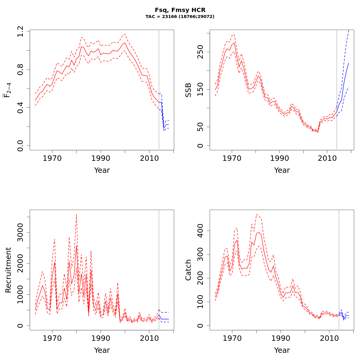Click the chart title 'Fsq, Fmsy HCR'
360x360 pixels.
(180, 10)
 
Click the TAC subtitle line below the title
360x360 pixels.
(180, 17)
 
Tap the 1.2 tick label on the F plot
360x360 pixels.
(20, 31)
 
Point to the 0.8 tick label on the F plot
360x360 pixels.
(20, 69)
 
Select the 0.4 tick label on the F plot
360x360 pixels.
(20, 107)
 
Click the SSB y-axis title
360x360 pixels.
(188, 90)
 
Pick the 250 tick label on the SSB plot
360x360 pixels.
(200, 52)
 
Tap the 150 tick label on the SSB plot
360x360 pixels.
(200, 89)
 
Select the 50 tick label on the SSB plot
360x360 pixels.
(200, 127)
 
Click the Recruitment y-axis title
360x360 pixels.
(8, 270)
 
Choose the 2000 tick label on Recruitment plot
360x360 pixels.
(20, 263)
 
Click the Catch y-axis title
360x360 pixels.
(188, 270)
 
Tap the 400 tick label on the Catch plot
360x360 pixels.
(200, 231)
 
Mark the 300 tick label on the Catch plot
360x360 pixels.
(200, 254)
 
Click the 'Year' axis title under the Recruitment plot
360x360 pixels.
(102, 350)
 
